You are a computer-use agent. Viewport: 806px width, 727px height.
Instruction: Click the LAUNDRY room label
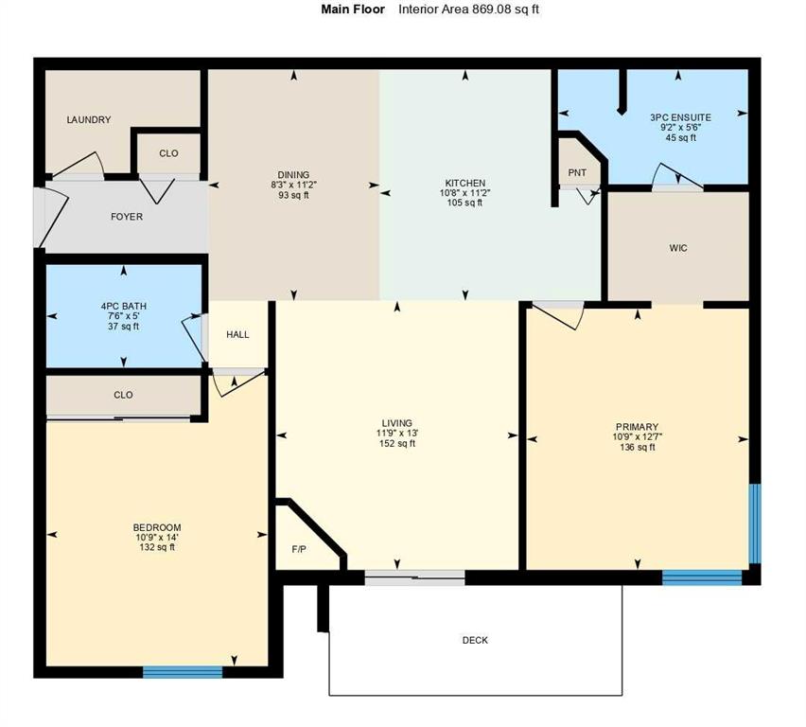click(x=88, y=120)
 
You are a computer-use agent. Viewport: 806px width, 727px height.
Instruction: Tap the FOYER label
click(x=127, y=217)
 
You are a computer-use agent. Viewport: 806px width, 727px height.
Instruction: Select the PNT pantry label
click(x=577, y=172)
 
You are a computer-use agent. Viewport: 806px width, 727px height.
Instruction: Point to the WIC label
click(x=677, y=248)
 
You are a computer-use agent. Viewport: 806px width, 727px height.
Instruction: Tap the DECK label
click(x=475, y=641)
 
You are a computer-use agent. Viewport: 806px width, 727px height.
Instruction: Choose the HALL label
click(x=237, y=334)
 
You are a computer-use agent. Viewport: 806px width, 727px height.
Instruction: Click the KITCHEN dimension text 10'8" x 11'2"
click(x=465, y=193)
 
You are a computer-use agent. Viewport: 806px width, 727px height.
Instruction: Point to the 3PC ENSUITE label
click(x=680, y=117)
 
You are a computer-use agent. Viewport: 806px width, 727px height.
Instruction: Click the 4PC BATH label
click(x=123, y=306)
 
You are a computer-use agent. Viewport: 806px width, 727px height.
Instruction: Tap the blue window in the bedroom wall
click(x=183, y=672)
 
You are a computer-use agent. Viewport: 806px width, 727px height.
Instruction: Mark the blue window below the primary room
click(x=702, y=576)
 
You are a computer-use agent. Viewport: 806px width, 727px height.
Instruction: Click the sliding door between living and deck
click(x=415, y=576)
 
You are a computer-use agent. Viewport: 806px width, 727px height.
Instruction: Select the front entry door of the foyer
click(x=40, y=218)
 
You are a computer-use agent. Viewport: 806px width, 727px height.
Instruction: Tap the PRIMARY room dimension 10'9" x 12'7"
click(x=634, y=437)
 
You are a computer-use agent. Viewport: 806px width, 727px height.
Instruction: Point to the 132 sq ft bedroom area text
click(x=157, y=547)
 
